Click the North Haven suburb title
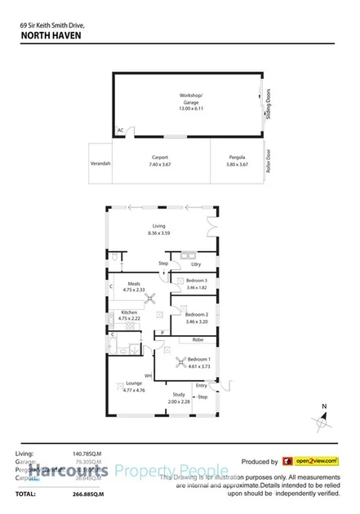pos(46,35)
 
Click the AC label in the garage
pos(120,130)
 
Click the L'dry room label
pos(195,264)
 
